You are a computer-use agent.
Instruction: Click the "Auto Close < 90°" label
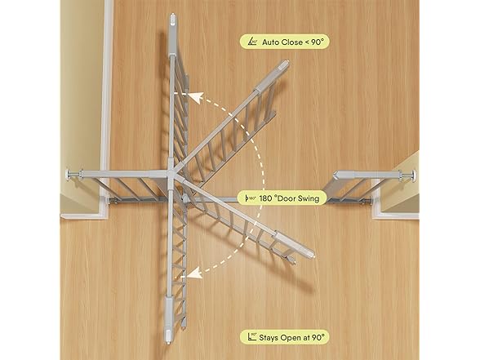pos(284,42)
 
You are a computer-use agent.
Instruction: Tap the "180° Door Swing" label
pos(282,198)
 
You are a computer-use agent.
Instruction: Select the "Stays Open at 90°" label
pos(284,337)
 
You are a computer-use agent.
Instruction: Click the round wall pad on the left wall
pos(68,175)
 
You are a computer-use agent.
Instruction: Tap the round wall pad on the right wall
pos(416,176)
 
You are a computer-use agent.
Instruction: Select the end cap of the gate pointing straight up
pos(173,18)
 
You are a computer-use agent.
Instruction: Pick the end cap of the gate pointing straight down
pos(169,336)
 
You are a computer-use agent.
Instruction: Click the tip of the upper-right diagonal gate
pos(286,64)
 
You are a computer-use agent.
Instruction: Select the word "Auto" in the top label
pos(270,42)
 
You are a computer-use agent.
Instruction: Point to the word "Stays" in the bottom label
pos(269,338)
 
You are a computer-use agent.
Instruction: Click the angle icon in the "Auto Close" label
pos(252,42)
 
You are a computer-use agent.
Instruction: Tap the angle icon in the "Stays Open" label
pos(252,337)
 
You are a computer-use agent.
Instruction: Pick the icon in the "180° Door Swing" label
pos(251,198)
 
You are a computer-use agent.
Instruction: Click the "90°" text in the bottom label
pos(318,337)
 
